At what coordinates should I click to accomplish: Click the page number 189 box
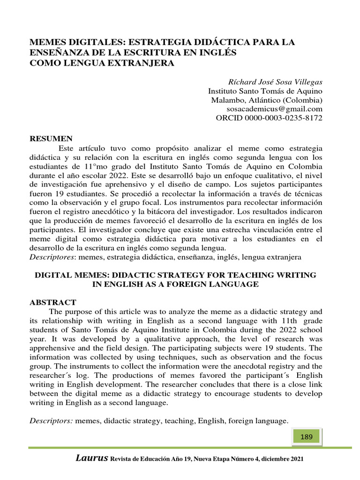[306, 437]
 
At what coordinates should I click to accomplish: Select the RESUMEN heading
[51, 138]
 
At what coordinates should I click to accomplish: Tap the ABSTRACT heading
[53, 302]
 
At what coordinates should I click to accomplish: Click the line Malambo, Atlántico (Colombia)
[266, 100]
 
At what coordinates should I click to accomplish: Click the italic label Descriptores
[52, 257]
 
